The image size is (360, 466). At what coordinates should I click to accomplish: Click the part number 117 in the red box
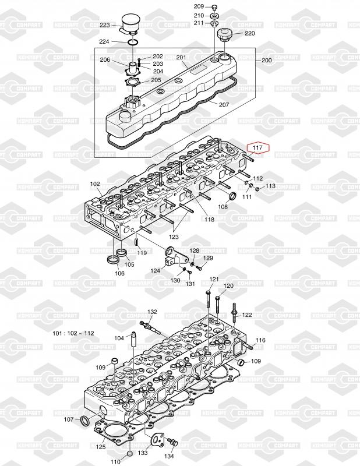[257, 147]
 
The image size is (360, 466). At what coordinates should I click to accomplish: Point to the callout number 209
[199, 6]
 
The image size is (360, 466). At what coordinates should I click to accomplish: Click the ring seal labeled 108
[233, 196]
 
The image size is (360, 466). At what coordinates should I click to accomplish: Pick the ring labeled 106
[113, 260]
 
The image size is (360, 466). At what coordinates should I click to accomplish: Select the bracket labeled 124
[175, 257]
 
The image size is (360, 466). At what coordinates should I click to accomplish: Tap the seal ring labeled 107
[85, 421]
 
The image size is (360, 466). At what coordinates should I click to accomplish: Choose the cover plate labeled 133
[158, 438]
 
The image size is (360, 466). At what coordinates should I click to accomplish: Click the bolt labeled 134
[172, 442]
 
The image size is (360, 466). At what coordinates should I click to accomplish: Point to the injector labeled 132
[150, 328]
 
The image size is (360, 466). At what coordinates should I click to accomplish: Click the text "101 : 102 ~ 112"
[73, 333]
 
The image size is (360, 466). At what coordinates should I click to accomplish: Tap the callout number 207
[224, 105]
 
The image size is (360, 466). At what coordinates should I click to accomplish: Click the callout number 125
[100, 447]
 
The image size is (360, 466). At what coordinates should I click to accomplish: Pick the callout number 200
[267, 60]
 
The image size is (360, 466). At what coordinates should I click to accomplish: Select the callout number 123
[174, 237]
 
